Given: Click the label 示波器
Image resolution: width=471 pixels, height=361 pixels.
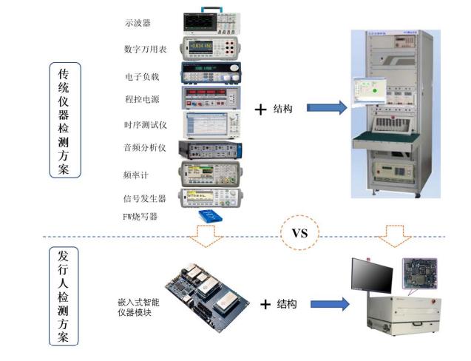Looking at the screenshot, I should click(138, 23).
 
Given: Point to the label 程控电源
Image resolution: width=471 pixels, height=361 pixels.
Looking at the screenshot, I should click(140, 98).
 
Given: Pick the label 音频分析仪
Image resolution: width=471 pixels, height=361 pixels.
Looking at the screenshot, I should click(145, 148).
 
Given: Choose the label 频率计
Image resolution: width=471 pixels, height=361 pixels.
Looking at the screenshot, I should click(137, 175).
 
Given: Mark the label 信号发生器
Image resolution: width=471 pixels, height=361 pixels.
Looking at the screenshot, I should click(144, 198).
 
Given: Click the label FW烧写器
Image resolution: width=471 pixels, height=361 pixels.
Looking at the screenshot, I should click(140, 216).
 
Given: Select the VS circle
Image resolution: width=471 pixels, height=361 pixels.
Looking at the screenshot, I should click(299, 233).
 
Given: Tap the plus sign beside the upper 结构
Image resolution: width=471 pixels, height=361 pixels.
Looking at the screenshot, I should click(260, 109).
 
